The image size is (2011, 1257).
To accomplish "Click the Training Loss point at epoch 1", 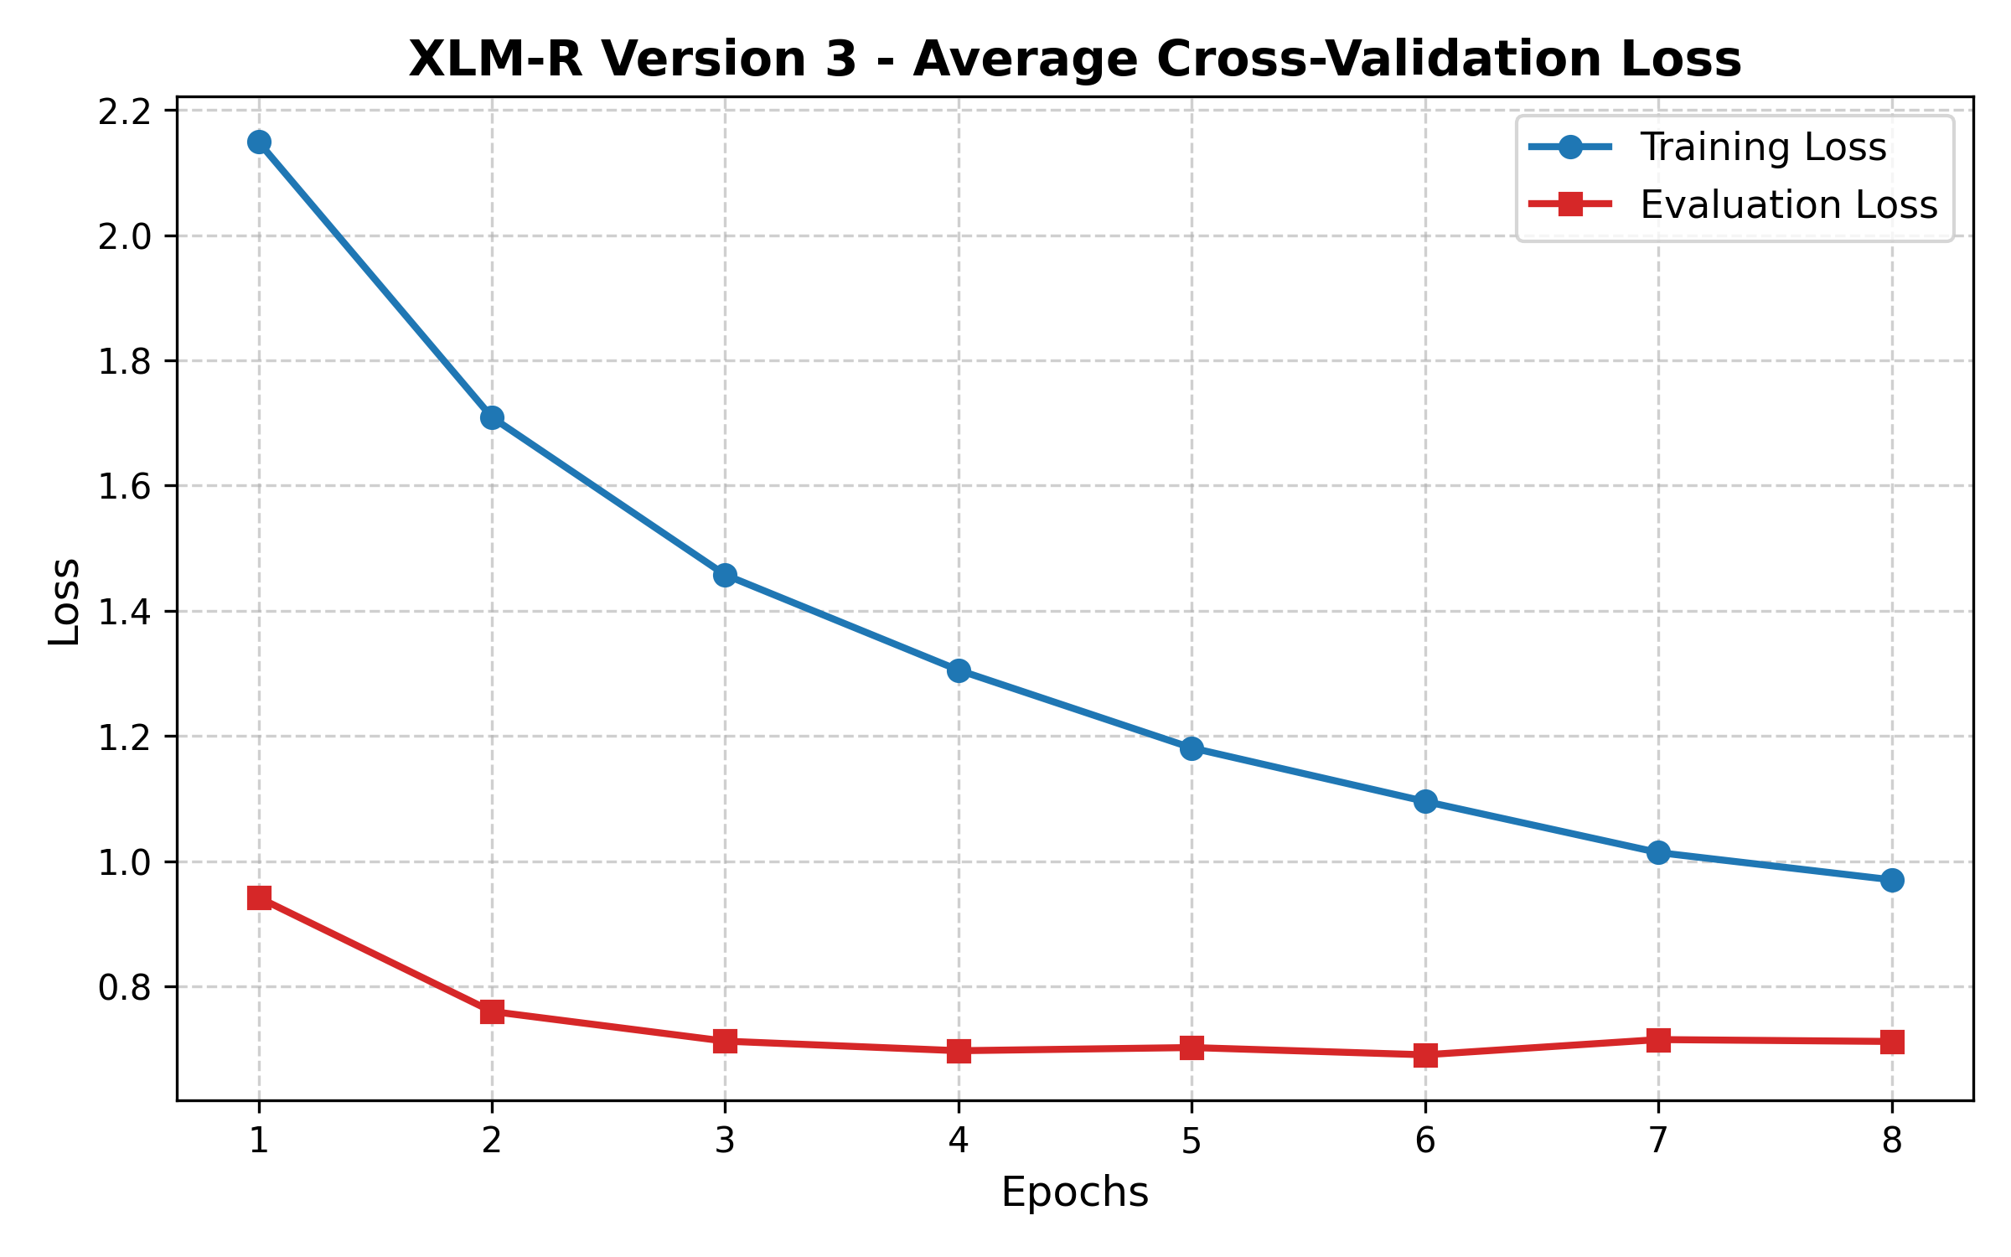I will (x=259, y=142).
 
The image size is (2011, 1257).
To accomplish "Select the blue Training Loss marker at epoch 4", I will (x=959, y=670).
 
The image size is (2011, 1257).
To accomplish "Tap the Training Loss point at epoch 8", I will (x=1892, y=880).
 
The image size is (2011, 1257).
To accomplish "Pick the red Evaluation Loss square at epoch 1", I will (x=259, y=898).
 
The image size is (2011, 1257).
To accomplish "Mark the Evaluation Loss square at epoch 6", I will (x=1425, y=1054).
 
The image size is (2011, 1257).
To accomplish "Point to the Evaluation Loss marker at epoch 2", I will (x=492, y=1011).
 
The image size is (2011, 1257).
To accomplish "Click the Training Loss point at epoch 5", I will (x=1192, y=748).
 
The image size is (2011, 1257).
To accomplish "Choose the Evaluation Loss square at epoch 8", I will (x=1892, y=1042).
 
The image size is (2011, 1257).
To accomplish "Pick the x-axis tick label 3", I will (x=725, y=1141).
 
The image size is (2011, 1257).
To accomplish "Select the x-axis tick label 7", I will (x=1658, y=1141).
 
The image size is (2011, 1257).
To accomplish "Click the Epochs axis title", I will (x=1074, y=1192).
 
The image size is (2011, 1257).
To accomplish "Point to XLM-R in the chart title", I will (x=494, y=60).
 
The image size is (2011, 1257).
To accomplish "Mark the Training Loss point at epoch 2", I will (x=492, y=417).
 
